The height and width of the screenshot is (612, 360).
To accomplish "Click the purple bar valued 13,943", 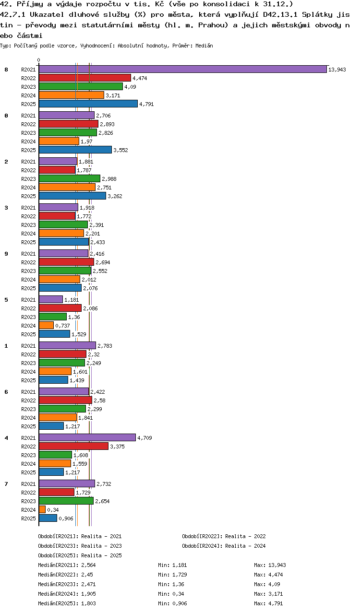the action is click(182, 70).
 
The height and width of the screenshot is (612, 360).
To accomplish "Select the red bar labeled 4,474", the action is click(85, 78).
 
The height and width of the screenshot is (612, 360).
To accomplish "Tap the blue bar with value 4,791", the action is click(88, 104).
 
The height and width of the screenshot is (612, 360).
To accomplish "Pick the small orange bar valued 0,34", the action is click(42, 509).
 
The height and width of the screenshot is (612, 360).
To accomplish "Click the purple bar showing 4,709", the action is click(87, 438).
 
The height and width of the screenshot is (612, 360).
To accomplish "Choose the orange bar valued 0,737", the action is click(46, 325).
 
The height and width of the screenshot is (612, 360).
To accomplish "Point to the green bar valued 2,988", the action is click(70, 179).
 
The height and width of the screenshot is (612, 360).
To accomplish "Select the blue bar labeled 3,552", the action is click(75, 150).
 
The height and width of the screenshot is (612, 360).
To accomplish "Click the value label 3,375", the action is click(117, 447).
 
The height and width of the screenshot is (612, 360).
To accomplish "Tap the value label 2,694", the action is click(103, 262).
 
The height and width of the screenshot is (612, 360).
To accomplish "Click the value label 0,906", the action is click(66, 518).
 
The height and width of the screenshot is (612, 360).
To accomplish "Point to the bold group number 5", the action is click(6, 300).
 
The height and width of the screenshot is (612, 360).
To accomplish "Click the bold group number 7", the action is click(6, 484).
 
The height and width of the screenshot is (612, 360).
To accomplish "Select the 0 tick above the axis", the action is click(38, 60).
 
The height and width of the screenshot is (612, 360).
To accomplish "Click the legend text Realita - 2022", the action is click(245, 536).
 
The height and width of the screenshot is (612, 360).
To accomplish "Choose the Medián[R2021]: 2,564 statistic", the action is click(67, 565).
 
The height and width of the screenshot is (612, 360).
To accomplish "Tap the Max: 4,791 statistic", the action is click(268, 603).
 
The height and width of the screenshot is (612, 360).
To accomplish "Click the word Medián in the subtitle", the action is click(204, 46).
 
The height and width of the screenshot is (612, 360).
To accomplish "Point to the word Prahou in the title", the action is click(213, 25).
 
